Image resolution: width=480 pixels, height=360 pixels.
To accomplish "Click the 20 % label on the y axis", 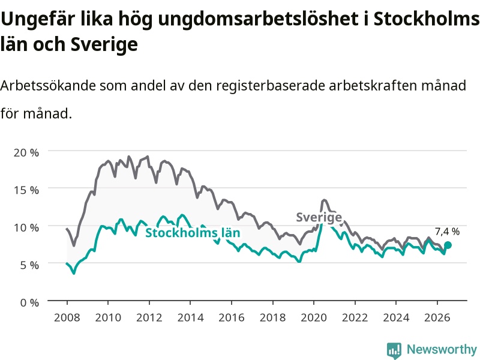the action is (26, 152).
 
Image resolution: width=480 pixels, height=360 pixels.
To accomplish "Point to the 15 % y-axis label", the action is (26, 190).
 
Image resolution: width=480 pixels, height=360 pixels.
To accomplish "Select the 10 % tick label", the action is (26, 227).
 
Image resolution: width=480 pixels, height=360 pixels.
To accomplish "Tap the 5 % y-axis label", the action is (29, 265).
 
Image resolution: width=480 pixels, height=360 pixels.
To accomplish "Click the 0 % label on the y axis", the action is (29, 303).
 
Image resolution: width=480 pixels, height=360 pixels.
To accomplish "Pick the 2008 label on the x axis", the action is (67, 317).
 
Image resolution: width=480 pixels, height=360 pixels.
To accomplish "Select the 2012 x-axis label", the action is (149, 317).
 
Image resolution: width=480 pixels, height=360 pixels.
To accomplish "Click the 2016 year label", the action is (232, 317).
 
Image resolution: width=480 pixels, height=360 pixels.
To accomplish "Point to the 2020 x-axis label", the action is (314, 317).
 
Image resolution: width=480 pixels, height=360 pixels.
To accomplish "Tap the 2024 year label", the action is (396, 317).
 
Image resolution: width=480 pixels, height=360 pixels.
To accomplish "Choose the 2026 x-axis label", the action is (437, 317).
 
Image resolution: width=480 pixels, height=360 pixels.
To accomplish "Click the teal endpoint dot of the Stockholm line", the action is (448, 245).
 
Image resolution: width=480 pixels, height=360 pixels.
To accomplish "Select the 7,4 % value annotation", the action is (447, 232).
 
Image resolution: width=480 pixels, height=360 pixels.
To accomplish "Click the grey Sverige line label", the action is (319, 217).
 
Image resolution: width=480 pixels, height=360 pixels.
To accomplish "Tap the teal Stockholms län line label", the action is (193, 233).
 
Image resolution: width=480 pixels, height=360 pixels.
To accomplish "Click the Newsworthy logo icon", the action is (394, 350).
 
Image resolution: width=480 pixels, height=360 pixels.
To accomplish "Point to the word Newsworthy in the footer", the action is (442, 349).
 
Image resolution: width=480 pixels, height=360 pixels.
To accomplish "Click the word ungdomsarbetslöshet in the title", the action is (258, 19).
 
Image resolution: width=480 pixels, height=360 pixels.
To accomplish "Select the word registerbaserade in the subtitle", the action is (271, 86).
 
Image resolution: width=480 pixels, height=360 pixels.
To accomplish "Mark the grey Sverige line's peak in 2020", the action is (324, 200).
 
